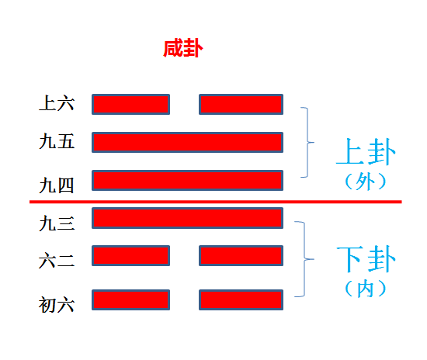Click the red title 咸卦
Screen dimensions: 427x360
[183, 48]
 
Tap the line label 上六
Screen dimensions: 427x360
[57, 103]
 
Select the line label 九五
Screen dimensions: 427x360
[57, 141]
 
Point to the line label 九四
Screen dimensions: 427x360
[57, 185]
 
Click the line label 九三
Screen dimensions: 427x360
[57, 223]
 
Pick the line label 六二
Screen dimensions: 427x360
[57, 260]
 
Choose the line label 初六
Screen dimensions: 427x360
[57, 305]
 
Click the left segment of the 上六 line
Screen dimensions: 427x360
[130, 104]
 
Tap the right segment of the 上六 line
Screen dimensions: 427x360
[241, 104]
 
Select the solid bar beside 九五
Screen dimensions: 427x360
[187, 142]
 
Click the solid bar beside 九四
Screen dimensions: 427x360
[187, 181]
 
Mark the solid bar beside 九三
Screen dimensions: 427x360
[187, 218]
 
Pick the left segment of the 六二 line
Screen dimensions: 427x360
[130, 255]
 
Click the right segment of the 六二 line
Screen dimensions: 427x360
[241, 255]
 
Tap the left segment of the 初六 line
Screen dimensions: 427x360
[130, 299]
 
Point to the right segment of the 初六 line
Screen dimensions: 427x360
[241, 299]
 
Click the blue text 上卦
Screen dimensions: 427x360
[366, 151]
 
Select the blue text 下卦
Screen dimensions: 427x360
[366, 259]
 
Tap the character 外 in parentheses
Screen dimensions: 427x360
[365, 182]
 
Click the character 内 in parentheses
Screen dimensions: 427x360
[365, 289]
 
